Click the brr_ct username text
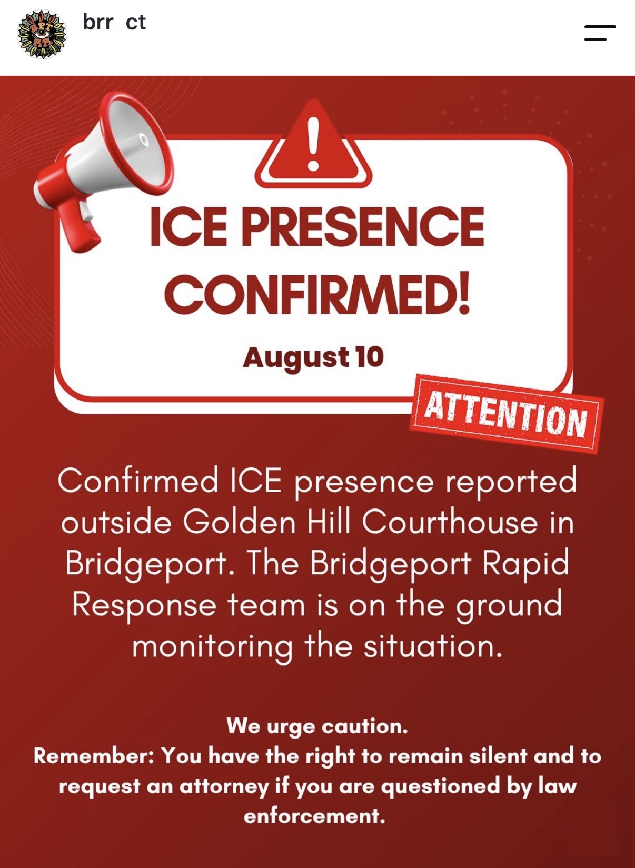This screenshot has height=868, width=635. click(x=114, y=23)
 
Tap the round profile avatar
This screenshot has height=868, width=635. click(x=42, y=35)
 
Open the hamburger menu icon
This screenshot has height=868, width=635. click(x=600, y=33)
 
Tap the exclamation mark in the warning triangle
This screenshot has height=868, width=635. click(x=313, y=144)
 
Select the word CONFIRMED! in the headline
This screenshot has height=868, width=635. click(x=317, y=293)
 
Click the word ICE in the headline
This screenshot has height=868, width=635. click(x=188, y=227)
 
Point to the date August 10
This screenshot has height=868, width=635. click(x=313, y=357)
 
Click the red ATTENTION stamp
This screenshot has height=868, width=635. click(x=507, y=413)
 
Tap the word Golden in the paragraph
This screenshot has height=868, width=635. click(x=239, y=522)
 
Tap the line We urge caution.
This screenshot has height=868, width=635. click(x=317, y=726)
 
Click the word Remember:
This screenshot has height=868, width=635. click(x=94, y=756)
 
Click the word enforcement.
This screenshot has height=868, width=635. click(x=314, y=816)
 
